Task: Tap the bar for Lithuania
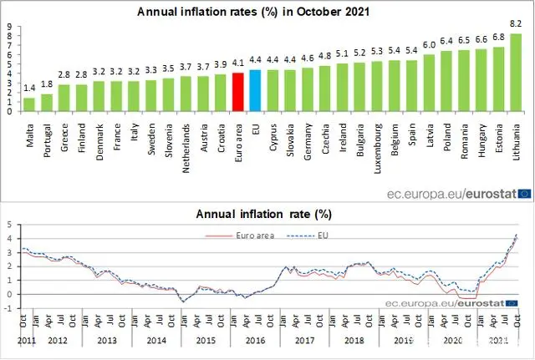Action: click(516, 73)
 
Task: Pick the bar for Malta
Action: click(29, 104)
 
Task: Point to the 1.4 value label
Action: click(29, 89)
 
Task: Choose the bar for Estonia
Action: click(498, 79)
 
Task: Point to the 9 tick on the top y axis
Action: click(8, 25)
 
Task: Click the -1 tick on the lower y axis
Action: click(8, 308)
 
